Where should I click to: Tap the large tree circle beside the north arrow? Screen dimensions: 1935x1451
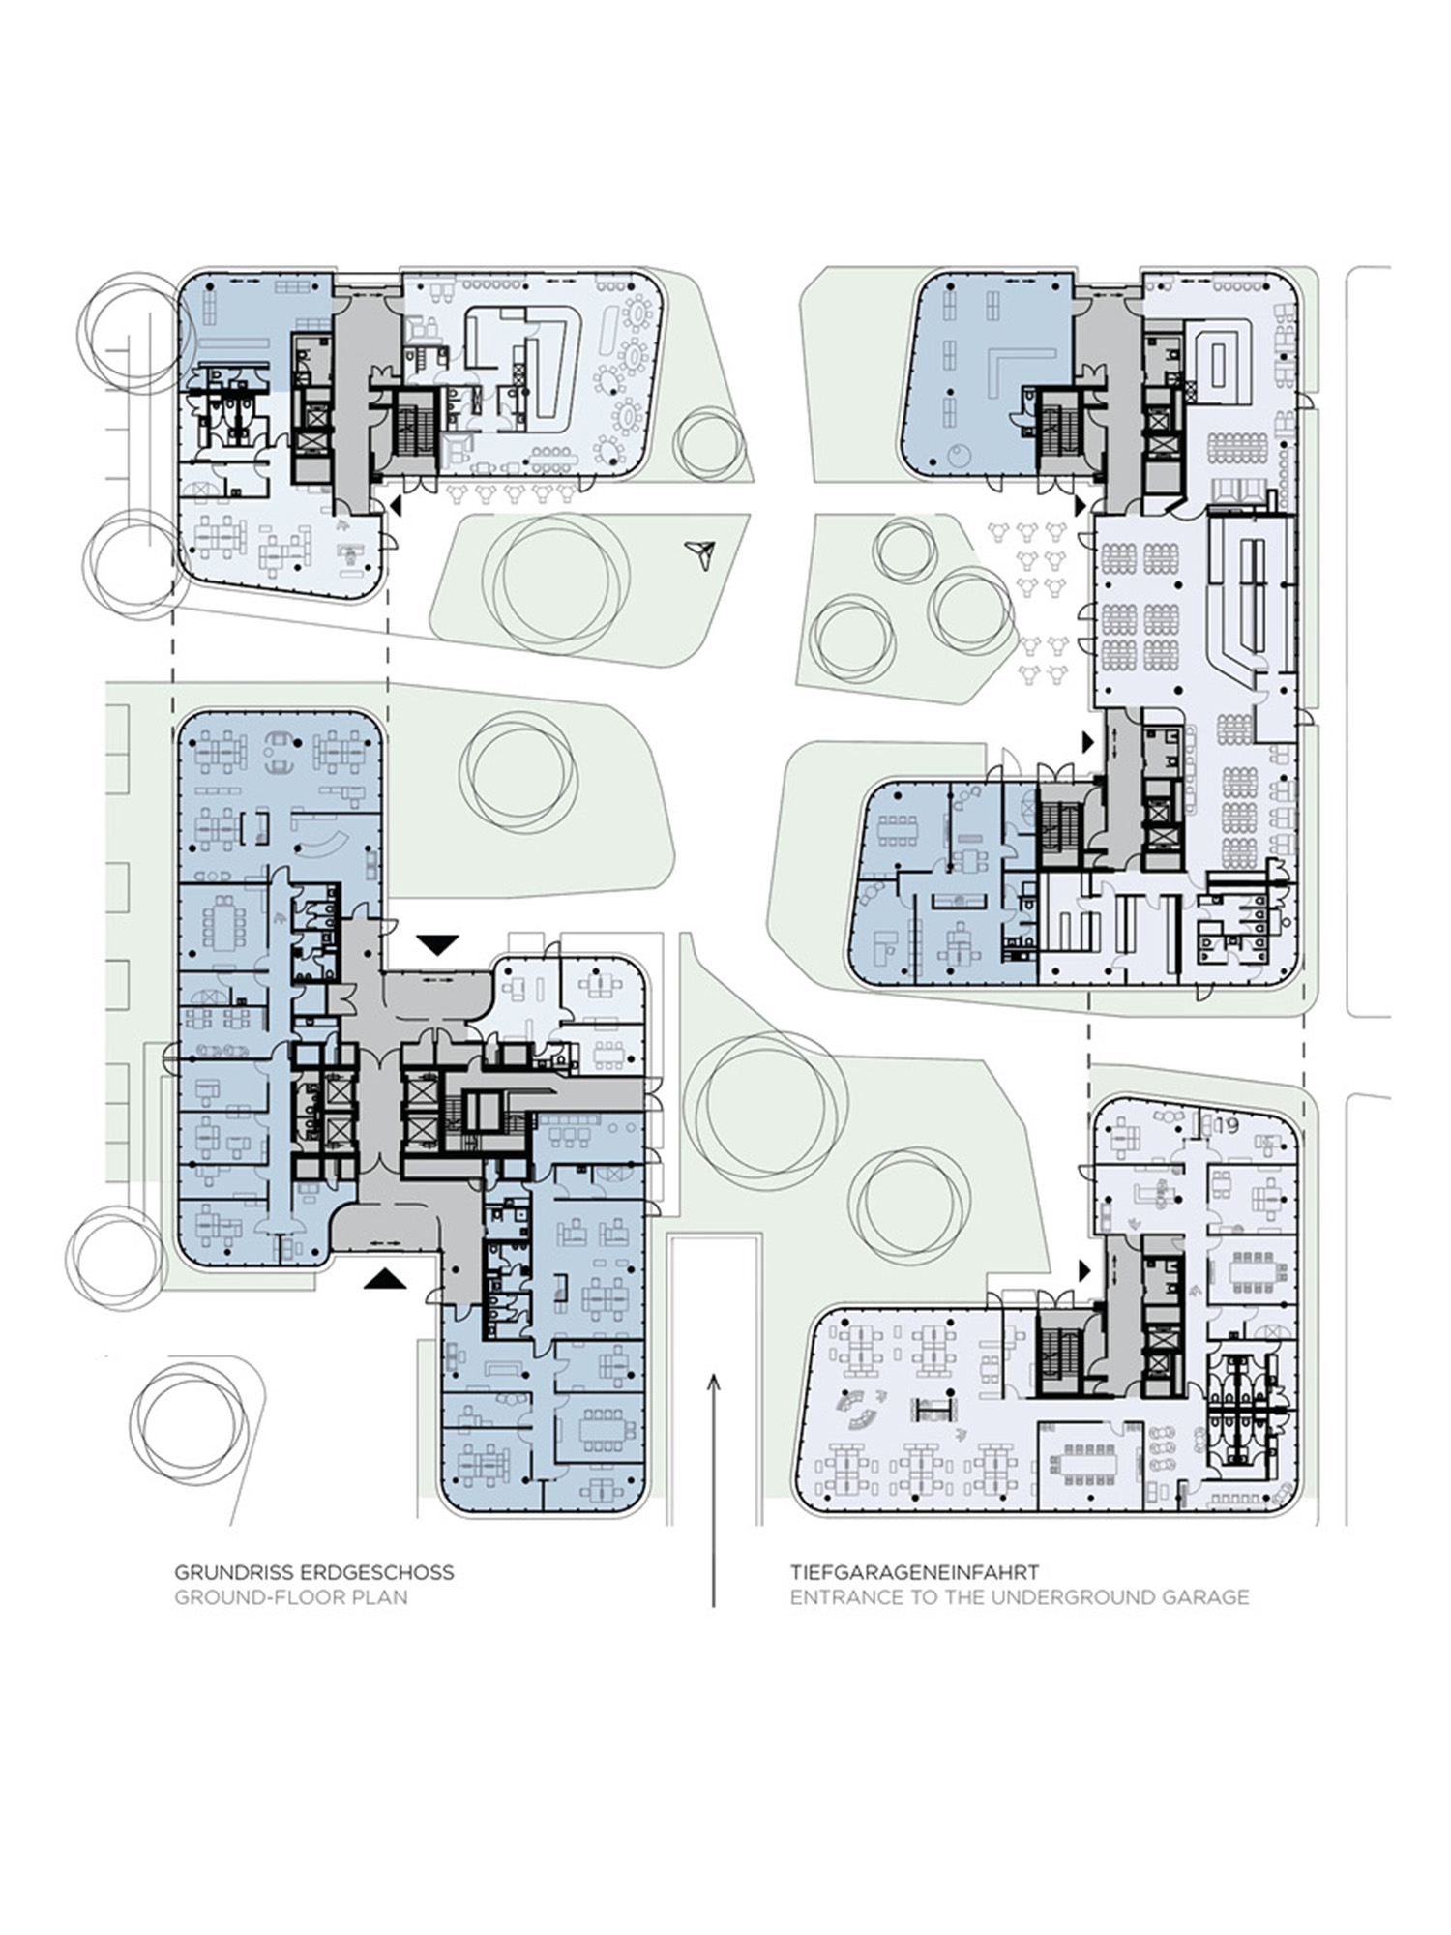pos(555,581)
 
